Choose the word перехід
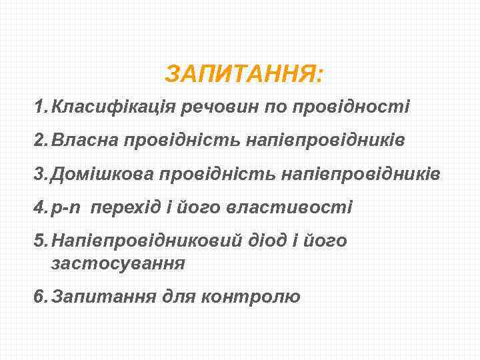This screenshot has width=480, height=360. [x=129, y=207]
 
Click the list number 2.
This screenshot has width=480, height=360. [x=41, y=141]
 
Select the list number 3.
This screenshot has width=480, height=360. [x=41, y=174]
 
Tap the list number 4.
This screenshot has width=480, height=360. [x=41, y=207]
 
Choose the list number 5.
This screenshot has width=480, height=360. [x=41, y=241]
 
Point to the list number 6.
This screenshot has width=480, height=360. [x=41, y=296]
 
